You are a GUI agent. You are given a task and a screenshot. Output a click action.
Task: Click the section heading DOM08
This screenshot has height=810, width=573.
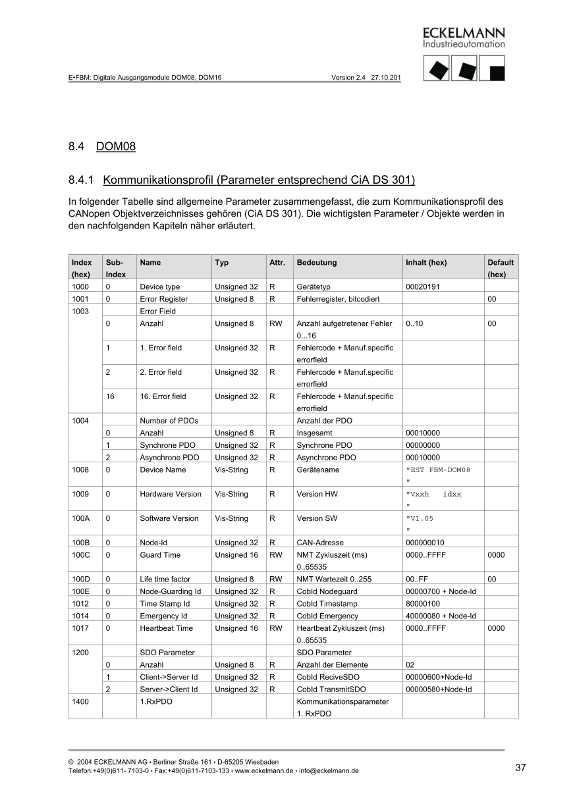115,146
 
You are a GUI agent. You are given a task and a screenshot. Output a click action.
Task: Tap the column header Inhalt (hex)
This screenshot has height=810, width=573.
426,262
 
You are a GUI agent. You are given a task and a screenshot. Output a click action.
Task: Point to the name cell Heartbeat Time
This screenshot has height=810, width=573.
166,628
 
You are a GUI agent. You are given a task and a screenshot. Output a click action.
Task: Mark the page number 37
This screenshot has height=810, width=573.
520,767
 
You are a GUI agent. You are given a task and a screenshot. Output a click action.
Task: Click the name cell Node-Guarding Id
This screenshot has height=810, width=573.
171,591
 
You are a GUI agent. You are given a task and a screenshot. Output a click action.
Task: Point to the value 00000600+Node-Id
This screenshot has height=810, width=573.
439,677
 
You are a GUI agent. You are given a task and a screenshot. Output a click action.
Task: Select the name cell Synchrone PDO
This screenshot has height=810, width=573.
167,445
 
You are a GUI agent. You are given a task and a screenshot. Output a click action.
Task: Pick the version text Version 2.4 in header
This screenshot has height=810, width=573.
348,77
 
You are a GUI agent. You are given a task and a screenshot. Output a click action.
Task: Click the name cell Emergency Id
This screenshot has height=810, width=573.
163,616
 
